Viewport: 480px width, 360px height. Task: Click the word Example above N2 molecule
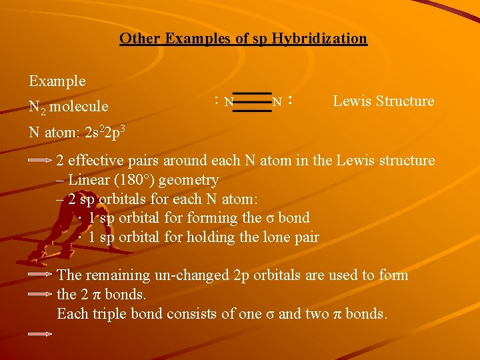(57, 81)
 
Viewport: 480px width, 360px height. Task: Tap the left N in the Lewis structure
(229, 103)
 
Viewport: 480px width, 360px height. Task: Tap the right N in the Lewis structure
(277, 103)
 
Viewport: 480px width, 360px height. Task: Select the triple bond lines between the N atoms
(253, 102)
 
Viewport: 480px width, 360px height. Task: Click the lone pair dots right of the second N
(291, 101)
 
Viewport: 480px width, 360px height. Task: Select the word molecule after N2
(79, 107)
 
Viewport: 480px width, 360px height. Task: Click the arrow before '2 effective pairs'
(41, 161)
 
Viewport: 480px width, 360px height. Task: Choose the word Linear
(90, 180)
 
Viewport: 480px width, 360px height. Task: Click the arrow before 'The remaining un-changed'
(41, 274)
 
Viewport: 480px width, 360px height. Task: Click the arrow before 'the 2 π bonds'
(41, 293)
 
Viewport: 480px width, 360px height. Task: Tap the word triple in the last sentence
(106, 313)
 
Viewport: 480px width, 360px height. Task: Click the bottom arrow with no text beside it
(41, 333)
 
